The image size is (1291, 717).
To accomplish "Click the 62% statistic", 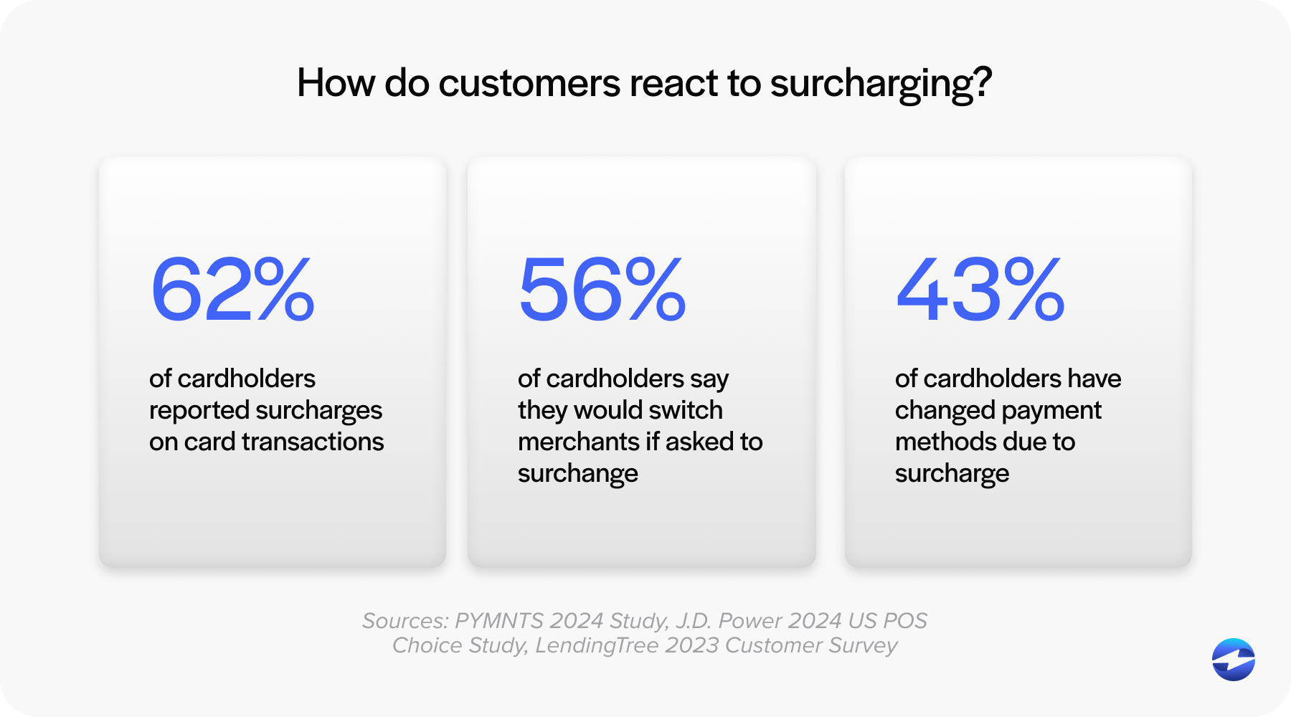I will point(232,290).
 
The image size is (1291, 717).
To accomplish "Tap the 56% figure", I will point(602,290).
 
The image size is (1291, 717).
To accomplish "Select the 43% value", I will point(980,290).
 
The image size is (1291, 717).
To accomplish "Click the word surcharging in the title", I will point(881,84).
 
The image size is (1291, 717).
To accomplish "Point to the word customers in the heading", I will point(529,83).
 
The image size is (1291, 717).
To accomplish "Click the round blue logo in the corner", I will point(1233,659).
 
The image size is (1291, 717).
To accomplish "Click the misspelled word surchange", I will point(578,474).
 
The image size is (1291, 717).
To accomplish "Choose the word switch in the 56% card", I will point(686,410).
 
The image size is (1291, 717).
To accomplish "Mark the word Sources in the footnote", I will point(405,620).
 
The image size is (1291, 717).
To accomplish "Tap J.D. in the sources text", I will point(694,620).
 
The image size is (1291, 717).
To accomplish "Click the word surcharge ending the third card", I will point(952,474).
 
